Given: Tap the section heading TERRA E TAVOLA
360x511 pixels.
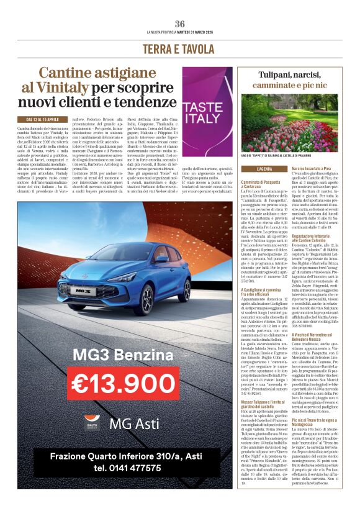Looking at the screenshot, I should tap(179, 49).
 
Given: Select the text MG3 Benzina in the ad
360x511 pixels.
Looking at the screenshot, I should tap(114, 355).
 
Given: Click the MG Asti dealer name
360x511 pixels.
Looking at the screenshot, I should tap(134, 424).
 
